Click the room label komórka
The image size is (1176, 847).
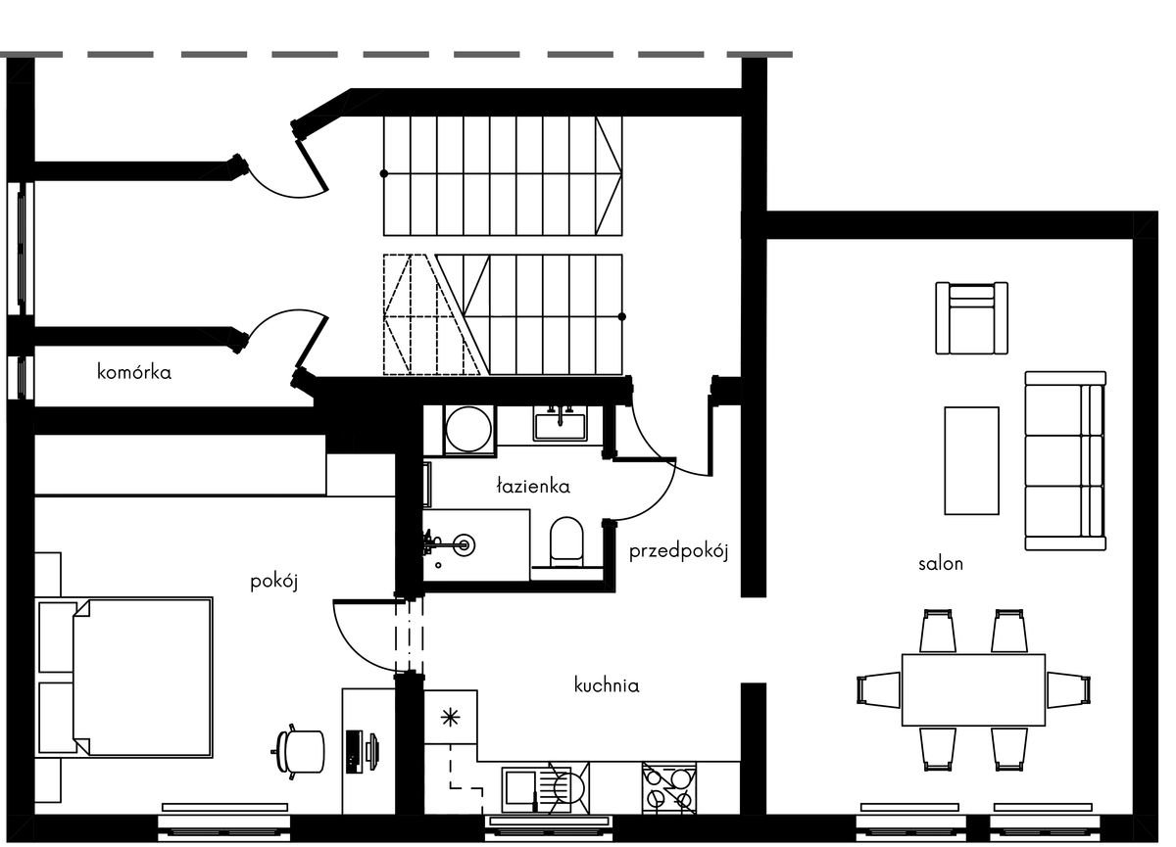click(134, 372)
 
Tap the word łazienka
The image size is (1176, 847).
click(533, 487)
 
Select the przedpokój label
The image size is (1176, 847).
click(679, 552)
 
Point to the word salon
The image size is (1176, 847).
click(941, 564)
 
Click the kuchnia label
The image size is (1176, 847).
click(607, 685)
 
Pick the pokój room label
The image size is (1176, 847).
click(274, 583)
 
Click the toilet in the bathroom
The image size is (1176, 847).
click(566, 542)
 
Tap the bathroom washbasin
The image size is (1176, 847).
click(561, 424)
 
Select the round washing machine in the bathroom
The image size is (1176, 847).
click(468, 429)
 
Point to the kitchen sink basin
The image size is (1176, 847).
click(519, 790)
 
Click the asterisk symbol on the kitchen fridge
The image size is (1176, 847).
click(451, 718)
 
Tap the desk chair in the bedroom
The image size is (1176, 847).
click(300, 752)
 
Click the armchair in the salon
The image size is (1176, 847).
click(972, 318)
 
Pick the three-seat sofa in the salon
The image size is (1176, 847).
click(1066, 461)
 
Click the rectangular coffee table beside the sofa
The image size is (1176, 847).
click(972, 461)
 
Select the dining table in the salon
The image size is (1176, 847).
click(974, 690)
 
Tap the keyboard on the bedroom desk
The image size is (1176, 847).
click(354, 752)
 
